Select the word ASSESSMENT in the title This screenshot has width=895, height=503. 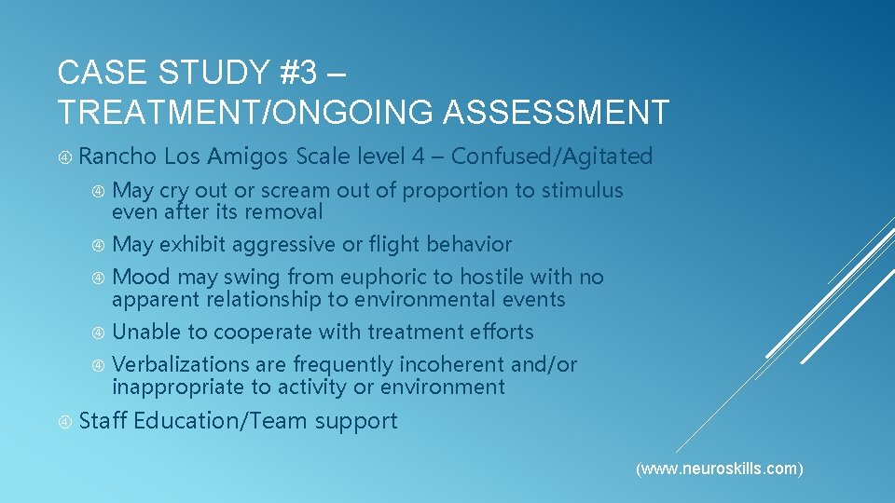556,113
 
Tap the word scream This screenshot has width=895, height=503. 293,191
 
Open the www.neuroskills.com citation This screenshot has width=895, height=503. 719,469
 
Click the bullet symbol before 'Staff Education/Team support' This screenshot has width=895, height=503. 64,422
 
